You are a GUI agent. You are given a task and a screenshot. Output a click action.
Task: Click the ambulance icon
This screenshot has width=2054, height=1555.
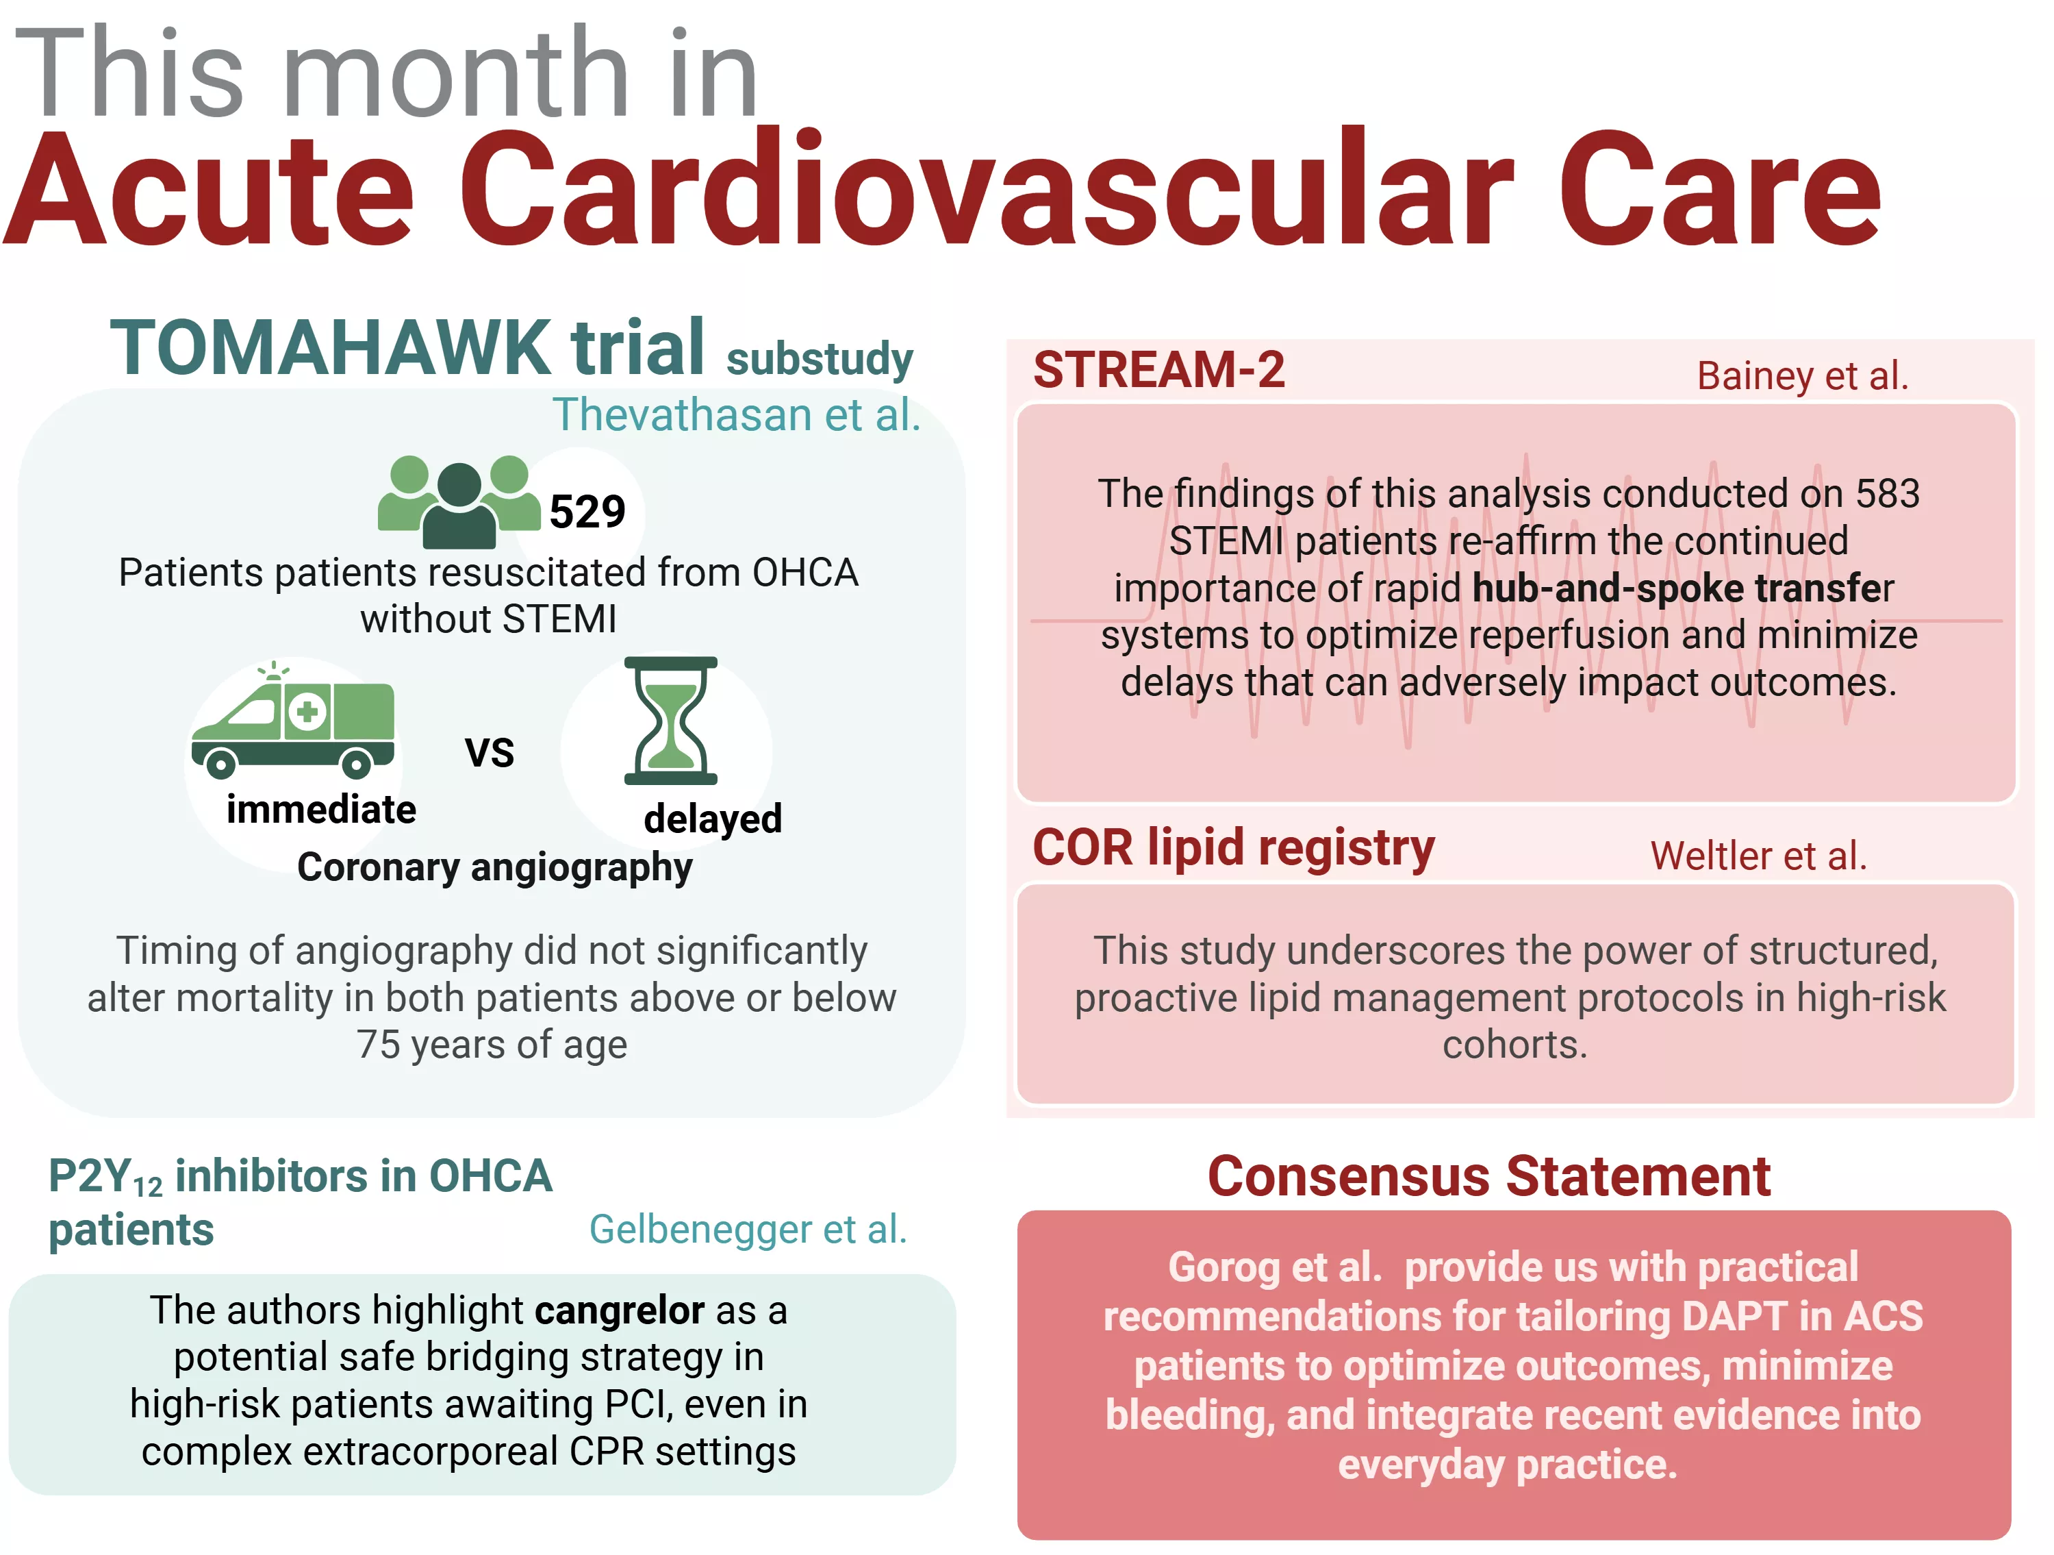coord(292,721)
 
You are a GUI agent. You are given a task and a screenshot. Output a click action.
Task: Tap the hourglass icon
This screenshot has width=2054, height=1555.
coord(670,721)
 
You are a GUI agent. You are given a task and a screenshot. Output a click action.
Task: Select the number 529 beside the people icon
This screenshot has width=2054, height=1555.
coord(587,511)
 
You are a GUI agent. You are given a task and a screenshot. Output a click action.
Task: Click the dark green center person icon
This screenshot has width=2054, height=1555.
coord(459,506)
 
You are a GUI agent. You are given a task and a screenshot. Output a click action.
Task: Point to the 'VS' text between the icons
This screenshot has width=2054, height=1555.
coord(490,752)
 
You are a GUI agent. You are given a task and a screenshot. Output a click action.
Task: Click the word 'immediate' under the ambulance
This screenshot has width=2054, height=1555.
coord(321,810)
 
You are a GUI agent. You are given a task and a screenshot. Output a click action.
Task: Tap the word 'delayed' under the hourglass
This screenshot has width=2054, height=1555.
coord(713,819)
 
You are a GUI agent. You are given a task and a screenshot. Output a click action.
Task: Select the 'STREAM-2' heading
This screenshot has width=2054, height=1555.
coord(1159,370)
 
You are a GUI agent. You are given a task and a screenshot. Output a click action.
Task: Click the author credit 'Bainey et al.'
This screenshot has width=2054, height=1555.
coord(1802,376)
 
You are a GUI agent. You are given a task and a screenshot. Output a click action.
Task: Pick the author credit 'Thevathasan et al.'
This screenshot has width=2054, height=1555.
coord(736,414)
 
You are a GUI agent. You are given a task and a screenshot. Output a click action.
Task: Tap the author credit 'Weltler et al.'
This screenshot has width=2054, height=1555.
coord(1758,856)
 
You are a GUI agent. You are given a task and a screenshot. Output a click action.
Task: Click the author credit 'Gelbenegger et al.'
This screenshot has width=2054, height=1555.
coord(748,1229)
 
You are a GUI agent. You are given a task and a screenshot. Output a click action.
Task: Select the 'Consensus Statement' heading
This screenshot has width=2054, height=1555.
coord(1488,1176)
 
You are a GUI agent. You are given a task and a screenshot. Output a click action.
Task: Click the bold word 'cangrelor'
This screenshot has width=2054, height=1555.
coord(620,1310)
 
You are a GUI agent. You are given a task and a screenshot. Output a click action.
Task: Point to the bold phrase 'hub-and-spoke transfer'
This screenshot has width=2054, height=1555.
coord(1683,588)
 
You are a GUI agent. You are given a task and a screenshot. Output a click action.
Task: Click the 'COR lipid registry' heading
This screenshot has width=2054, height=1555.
coord(1234,848)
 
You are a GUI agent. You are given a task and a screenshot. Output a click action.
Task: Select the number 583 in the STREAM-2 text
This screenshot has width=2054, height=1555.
coord(1887,493)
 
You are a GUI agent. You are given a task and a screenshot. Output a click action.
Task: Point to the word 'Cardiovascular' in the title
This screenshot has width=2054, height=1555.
coord(986,190)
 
